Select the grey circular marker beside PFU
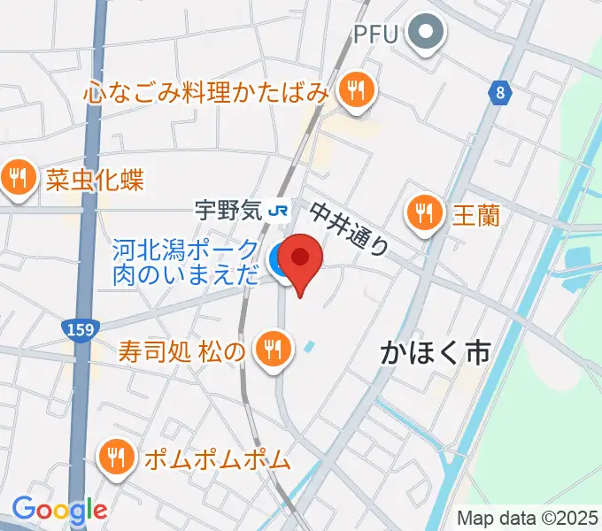pyautogui.click(x=427, y=35)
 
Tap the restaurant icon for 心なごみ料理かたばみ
pyautogui.click(x=356, y=89)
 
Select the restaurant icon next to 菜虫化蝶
pyautogui.click(x=19, y=180)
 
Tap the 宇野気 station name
pyautogui.click(x=228, y=210)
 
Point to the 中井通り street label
pyautogui.click(x=349, y=227)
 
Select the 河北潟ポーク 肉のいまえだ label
pyautogui.click(x=186, y=263)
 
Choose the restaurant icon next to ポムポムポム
pyautogui.click(x=116, y=459)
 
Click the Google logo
pyautogui.click(x=59, y=510)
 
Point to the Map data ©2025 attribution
pyautogui.click(x=527, y=517)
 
